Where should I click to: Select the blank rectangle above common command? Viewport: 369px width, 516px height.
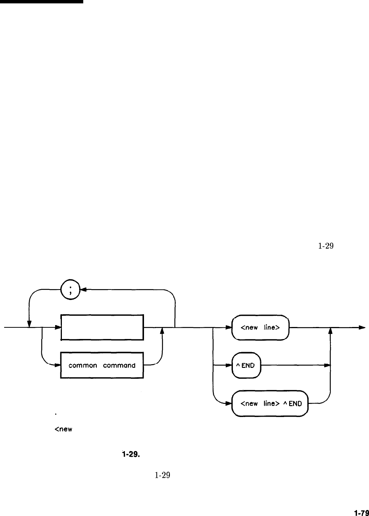tap(102, 327)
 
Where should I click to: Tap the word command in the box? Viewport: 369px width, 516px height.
tap(119, 365)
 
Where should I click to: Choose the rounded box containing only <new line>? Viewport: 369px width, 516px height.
tap(259, 327)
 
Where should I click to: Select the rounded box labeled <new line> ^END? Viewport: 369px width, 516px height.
tap(270, 403)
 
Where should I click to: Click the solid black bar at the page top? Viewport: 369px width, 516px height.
tap(41, 1)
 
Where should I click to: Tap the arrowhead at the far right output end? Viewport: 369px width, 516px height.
tap(362, 327)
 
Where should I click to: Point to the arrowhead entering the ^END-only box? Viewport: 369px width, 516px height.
tap(229, 365)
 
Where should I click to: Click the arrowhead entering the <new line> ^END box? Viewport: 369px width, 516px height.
tap(229, 403)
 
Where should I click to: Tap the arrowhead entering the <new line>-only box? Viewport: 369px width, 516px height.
tap(229, 327)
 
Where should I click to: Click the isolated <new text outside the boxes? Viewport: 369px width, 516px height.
tap(63, 429)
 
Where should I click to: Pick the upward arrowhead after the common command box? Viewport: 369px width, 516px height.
tap(162, 331)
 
